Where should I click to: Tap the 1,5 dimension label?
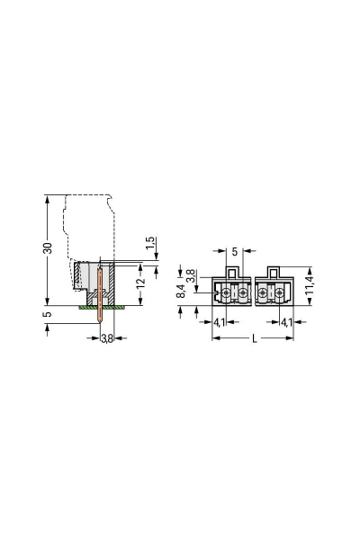click(150, 244)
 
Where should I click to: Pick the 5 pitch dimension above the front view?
click(235, 251)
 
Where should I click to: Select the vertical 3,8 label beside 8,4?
click(192, 274)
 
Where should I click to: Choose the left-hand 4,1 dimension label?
click(220, 321)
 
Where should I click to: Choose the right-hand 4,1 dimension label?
click(285, 321)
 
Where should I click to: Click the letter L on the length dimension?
click(255, 337)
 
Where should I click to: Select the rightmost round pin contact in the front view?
click(280, 293)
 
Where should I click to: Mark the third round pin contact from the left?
click(263, 293)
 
